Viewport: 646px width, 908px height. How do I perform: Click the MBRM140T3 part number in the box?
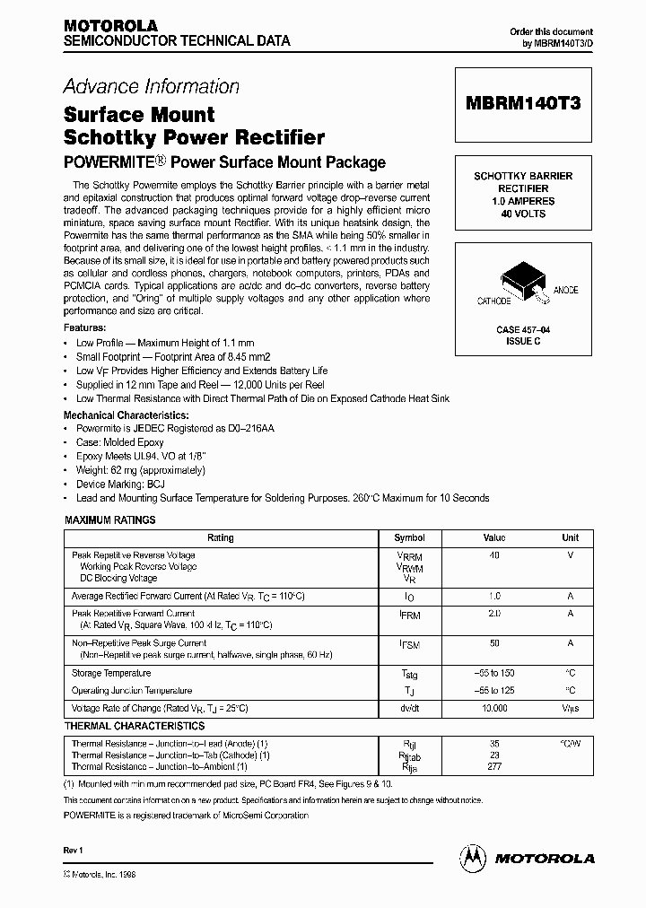tap(524, 103)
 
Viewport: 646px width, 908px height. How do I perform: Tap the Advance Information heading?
tap(151, 87)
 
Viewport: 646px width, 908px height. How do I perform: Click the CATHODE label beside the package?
tap(493, 301)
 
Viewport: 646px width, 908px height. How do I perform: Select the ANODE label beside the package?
tap(566, 290)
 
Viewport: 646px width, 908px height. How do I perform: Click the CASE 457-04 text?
tap(523, 330)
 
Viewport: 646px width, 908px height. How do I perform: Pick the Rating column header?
tap(220, 538)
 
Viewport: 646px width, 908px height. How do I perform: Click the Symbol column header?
tap(409, 538)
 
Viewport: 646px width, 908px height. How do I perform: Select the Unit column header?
tap(570, 538)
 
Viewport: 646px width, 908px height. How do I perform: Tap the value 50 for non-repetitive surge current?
tap(493, 644)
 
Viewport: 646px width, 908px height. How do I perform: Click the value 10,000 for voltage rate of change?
tap(494, 708)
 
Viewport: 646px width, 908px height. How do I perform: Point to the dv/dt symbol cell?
tap(409, 708)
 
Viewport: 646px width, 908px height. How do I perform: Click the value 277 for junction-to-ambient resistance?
tap(494, 766)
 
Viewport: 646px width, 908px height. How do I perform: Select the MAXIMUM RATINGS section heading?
tap(110, 519)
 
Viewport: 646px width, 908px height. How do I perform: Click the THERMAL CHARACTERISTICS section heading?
tap(134, 726)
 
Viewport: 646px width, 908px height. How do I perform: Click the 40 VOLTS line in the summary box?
tap(523, 214)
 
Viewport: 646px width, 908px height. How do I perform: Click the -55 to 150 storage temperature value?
tap(494, 673)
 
